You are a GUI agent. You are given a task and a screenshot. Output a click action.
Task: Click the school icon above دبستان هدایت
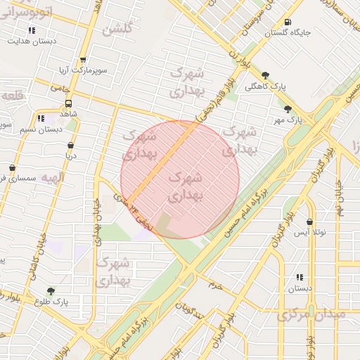click(x=31, y=30)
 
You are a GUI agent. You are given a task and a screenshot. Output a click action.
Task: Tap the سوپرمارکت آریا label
click(x=82, y=71)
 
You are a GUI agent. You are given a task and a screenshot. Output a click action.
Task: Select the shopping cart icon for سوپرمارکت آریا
click(x=83, y=60)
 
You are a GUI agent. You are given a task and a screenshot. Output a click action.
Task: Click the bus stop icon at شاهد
click(x=68, y=102)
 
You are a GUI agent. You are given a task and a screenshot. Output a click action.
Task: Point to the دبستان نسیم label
click(x=41, y=129)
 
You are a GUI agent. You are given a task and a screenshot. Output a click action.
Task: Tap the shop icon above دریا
click(x=70, y=146)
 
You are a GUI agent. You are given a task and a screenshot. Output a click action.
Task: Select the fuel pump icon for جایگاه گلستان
click(x=287, y=22)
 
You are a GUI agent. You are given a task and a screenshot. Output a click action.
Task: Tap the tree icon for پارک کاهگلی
click(x=265, y=75)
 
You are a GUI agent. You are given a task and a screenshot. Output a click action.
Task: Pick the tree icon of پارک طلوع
click(x=50, y=291)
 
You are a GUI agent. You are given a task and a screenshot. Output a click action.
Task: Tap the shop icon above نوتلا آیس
click(x=309, y=221)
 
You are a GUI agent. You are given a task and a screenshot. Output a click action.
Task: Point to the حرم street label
click(x=214, y=285)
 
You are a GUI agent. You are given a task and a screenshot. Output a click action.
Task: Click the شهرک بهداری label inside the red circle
click(x=186, y=186)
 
